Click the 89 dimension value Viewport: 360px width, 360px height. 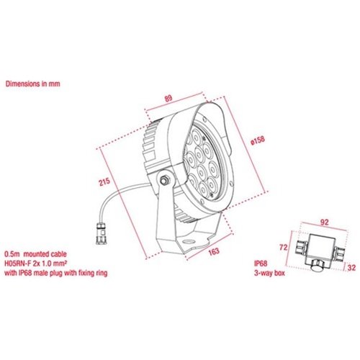point(168,99)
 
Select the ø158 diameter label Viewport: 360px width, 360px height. point(258,141)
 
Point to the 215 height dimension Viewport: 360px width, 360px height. point(104,181)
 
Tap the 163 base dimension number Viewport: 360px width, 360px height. point(214,251)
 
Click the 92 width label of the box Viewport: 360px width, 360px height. point(324,222)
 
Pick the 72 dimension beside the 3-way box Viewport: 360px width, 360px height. point(284,247)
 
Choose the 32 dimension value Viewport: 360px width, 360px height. point(351,268)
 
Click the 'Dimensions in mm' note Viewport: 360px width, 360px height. point(32,84)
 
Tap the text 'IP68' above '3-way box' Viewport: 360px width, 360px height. point(261,264)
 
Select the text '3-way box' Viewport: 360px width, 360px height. point(269,273)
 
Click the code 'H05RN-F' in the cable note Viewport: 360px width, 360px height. point(18,264)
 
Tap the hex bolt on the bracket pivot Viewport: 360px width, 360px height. point(164,179)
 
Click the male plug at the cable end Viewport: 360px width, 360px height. point(101,233)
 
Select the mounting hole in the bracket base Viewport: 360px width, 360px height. point(189,240)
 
